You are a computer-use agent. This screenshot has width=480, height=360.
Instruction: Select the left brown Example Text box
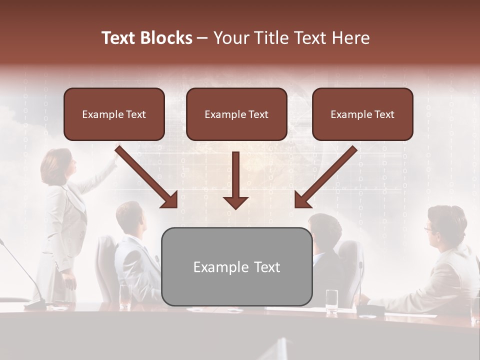pyautogui.click(x=114, y=114)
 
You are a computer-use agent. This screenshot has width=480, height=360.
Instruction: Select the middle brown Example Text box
pyautogui.click(x=236, y=114)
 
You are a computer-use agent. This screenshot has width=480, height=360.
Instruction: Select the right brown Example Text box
pyautogui.click(x=362, y=114)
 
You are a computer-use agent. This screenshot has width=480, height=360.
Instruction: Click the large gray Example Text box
pyautogui.click(x=236, y=267)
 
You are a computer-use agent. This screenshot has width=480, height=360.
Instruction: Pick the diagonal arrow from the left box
pyautogui.click(x=147, y=177)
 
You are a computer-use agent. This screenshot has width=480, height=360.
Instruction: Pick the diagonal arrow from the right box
pyautogui.click(x=325, y=177)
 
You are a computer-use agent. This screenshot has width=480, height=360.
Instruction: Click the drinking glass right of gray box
pyautogui.click(x=331, y=301)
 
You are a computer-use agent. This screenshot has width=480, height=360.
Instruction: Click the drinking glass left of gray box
pyautogui.click(x=125, y=298)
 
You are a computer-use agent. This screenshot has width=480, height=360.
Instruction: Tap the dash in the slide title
pyautogui.click(x=202, y=38)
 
